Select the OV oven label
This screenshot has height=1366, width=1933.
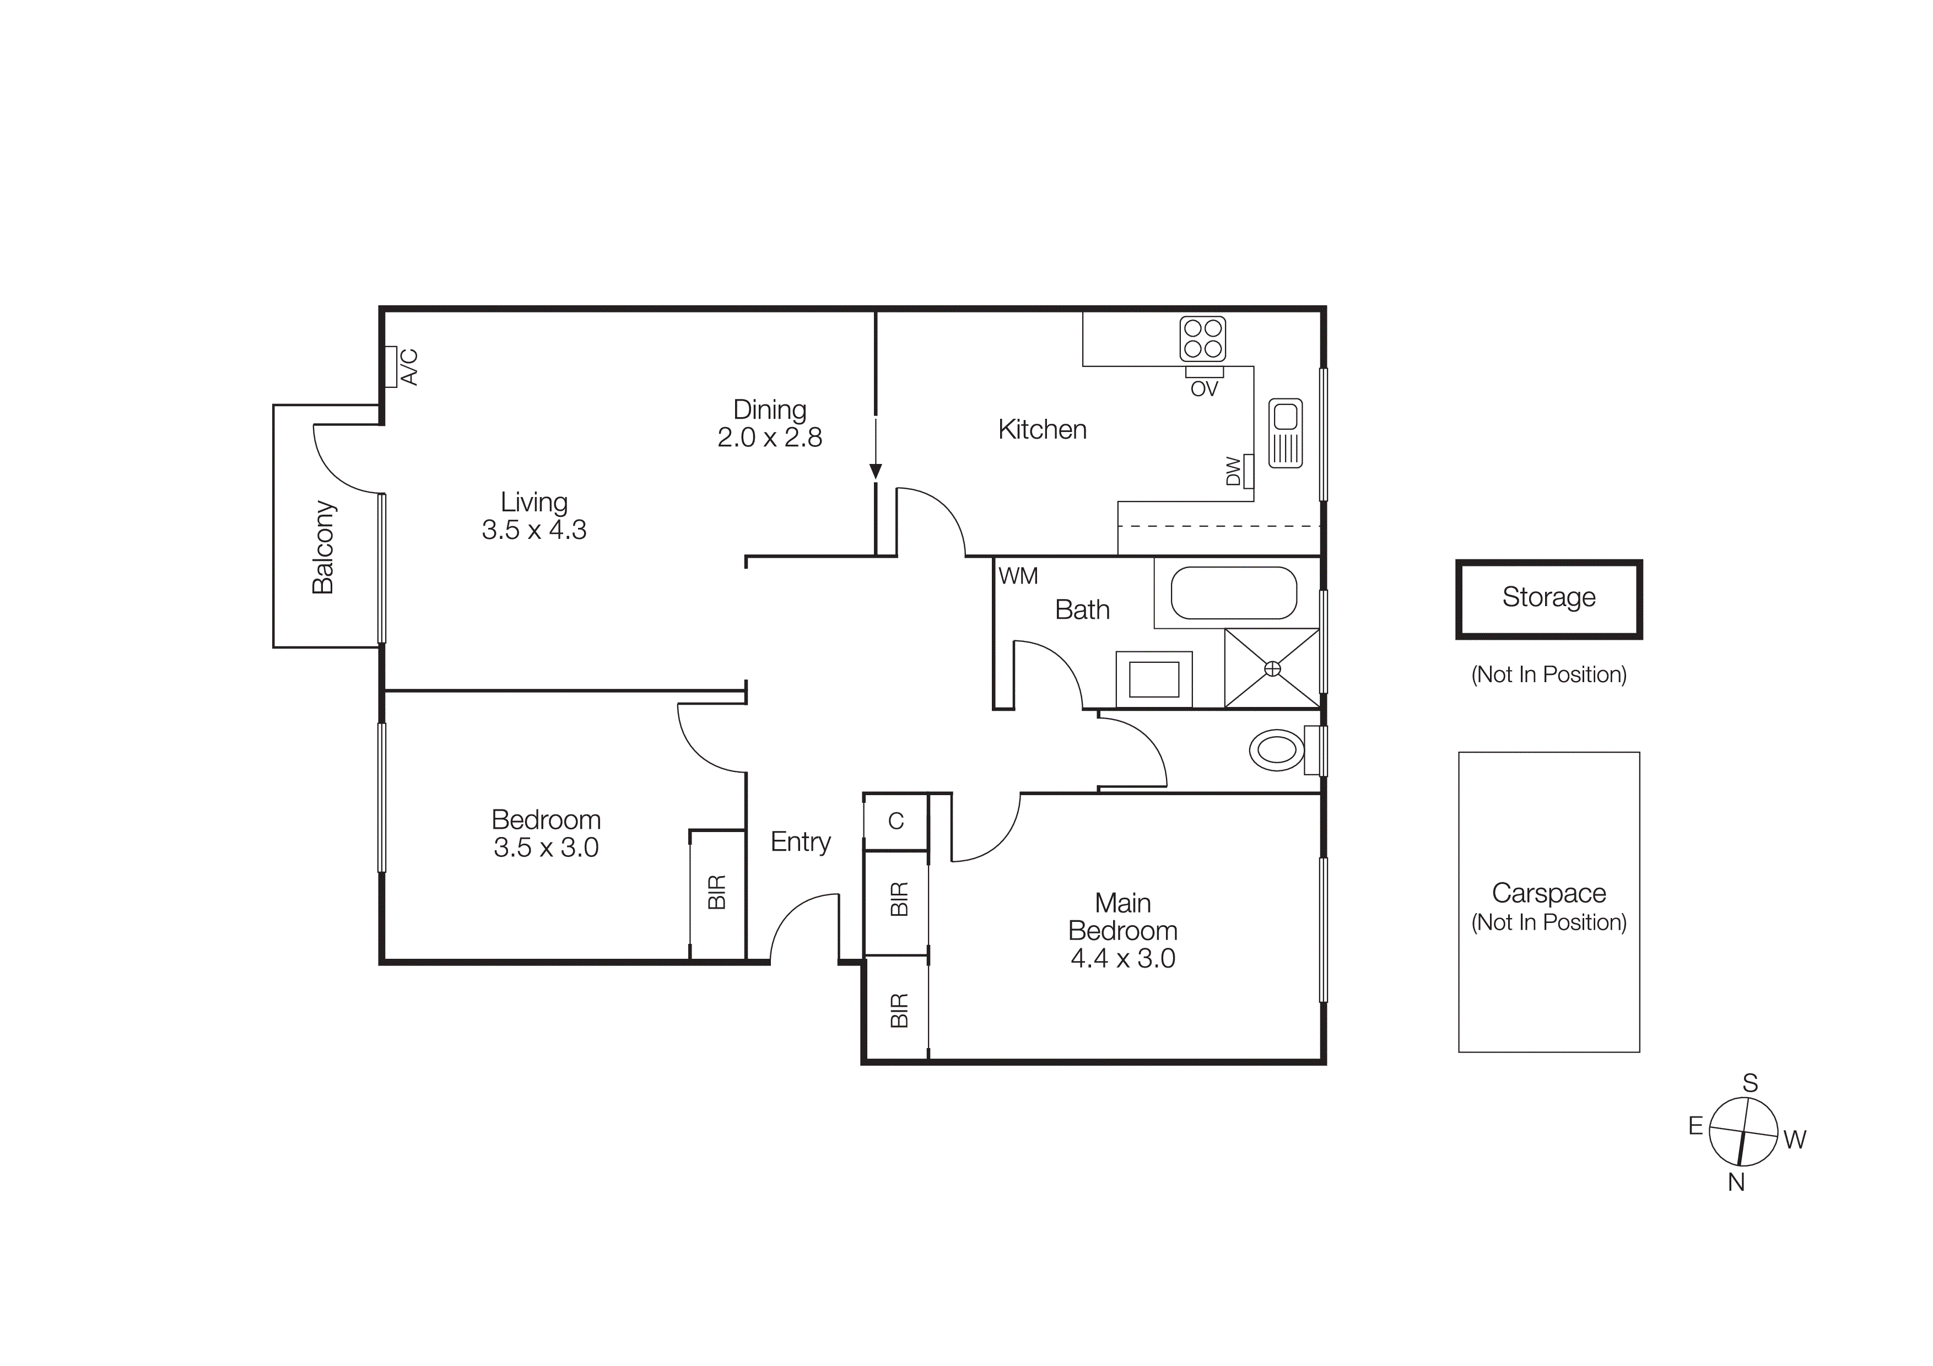[1204, 389]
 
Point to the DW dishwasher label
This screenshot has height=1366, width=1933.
[1233, 471]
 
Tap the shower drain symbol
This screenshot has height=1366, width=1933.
[1272, 668]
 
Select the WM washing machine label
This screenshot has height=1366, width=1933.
[1018, 576]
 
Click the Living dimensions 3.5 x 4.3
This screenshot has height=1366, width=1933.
[534, 530]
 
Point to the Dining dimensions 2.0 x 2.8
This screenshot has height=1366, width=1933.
[769, 438]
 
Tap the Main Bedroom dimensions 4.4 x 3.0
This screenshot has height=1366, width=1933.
[1122, 959]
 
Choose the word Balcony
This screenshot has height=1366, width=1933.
[323, 547]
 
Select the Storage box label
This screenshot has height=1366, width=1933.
[1548, 597]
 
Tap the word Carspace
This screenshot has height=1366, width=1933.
[1548, 893]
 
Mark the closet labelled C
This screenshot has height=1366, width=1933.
[896, 820]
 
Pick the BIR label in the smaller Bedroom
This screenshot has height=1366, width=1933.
[716, 892]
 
